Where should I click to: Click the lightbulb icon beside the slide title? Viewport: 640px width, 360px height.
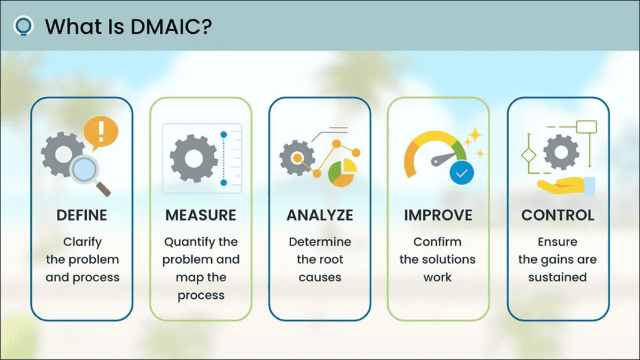[x=23, y=26]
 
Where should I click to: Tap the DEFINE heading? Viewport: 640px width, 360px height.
[x=82, y=216]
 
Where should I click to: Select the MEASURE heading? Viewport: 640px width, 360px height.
[x=201, y=216]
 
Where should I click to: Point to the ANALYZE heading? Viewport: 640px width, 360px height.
[x=319, y=216]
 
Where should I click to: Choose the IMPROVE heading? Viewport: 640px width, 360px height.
[x=437, y=216]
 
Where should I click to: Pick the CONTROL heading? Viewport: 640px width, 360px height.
[x=557, y=216]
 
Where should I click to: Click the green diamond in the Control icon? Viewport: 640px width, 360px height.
[x=529, y=154]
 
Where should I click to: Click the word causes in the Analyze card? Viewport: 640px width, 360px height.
[x=319, y=277]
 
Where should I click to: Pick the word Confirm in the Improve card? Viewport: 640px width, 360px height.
[x=437, y=242]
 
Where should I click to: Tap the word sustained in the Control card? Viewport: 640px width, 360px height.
[x=557, y=277]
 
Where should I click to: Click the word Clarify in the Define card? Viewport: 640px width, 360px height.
[x=82, y=242]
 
